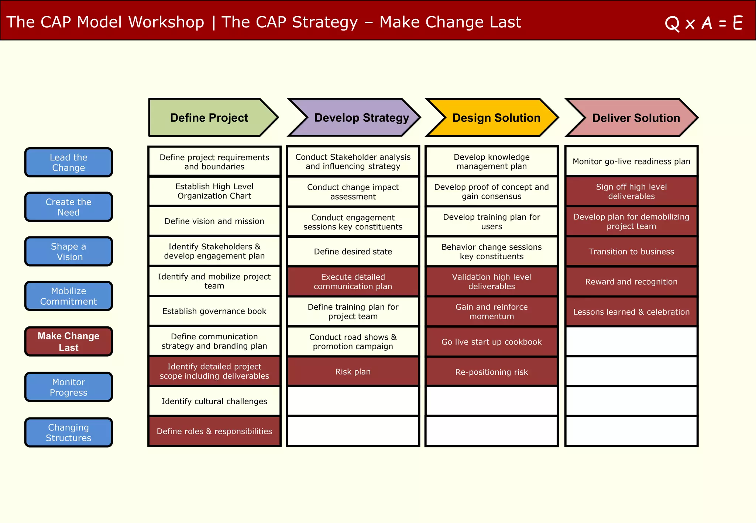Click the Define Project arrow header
pos(209,118)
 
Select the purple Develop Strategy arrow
pos(361,118)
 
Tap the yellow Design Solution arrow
pos(496,118)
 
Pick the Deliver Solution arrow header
pos(636,118)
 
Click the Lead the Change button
pos(69,162)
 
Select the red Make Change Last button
pos(69,342)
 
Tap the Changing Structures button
pos(69,432)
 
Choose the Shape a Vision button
pos(69,252)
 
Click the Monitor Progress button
pos(69,387)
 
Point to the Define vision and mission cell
pos(214,221)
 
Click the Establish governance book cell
pos(214,311)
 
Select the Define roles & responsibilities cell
pos(214,431)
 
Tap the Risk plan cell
pos(353,371)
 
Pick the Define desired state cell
pos(353,252)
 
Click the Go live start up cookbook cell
pos(491,342)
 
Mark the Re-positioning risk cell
pos(491,372)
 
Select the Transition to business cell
pos(631,252)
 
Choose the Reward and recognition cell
pos(631,282)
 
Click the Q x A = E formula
pos(704,23)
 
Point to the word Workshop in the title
pos(166,22)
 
